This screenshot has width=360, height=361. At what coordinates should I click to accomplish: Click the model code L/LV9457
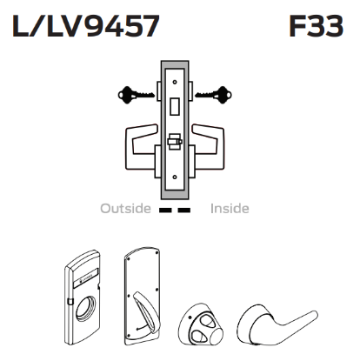(84, 27)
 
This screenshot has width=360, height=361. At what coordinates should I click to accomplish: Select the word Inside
(230, 209)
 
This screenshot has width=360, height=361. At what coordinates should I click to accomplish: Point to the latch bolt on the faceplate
(173, 140)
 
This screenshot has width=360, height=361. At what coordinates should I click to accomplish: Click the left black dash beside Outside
(166, 210)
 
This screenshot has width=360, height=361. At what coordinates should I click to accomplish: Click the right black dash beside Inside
(186, 210)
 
